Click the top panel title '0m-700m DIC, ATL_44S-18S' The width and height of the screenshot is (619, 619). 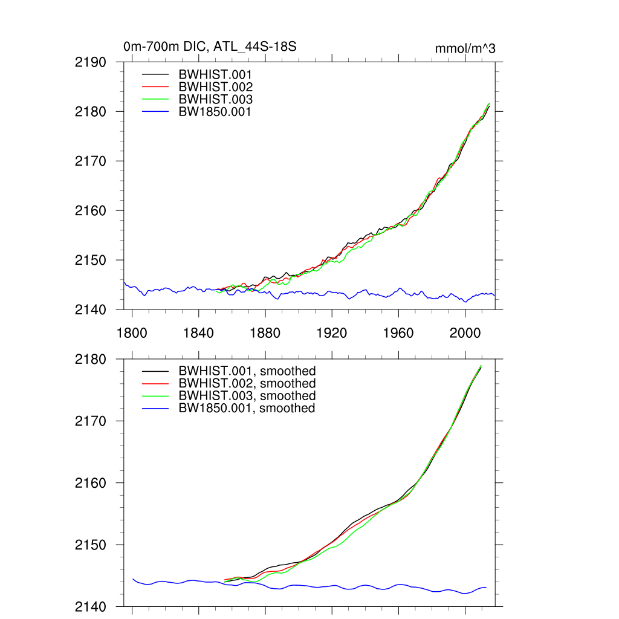click(210, 47)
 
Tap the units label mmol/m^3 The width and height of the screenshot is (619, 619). click(465, 48)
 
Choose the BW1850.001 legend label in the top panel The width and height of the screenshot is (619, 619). click(215, 112)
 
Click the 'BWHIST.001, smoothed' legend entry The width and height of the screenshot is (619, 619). click(247, 371)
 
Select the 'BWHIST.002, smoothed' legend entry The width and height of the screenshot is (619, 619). click(247, 384)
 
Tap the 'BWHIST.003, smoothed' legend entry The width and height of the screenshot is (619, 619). click(247, 396)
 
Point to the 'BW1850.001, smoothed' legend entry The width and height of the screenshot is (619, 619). click(247, 409)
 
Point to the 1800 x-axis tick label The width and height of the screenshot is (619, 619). click(132, 333)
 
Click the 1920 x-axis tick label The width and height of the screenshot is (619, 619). click(332, 333)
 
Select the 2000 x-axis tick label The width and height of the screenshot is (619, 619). click(465, 333)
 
